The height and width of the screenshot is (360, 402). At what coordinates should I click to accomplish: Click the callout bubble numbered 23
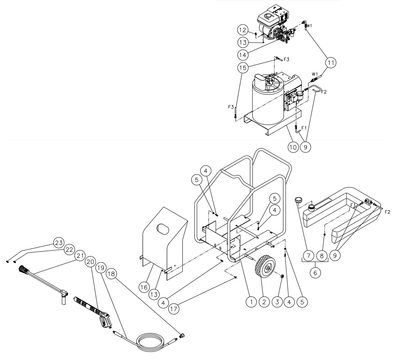tap(58, 243)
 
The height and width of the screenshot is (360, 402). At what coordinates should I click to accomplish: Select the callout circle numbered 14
tap(243, 55)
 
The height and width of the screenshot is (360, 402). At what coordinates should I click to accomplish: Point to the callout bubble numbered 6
tap(315, 273)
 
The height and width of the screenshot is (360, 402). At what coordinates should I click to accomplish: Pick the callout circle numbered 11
tap(331, 63)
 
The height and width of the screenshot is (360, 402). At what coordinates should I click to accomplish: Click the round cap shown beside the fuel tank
tap(299, 199)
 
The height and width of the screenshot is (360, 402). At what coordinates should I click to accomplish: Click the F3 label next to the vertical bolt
tap(231, 107)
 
